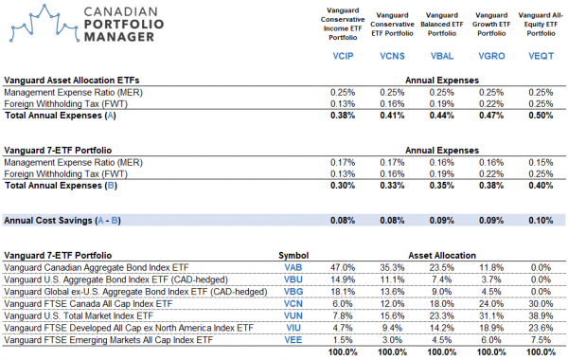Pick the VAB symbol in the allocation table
point(292,268)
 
